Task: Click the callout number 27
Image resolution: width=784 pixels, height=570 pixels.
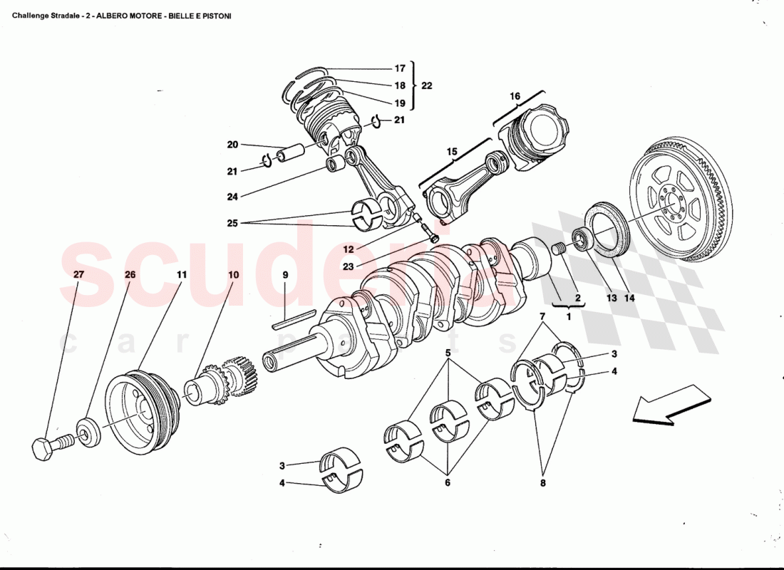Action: pyautogui.click(x=78, y=274)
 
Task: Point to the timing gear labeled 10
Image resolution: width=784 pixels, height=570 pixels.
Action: pyautogui.click(x=217, y=383)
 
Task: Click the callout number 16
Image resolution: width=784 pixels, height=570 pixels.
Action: pyautogui.click(x=515, y=96)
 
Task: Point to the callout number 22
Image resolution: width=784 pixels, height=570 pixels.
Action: pyautogui.click(x=426, y=85)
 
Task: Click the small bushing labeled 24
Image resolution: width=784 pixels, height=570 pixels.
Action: pyautogui.click(x=335, y=165)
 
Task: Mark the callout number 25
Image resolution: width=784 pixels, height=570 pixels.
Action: pyautogui.click(x=232, y=224)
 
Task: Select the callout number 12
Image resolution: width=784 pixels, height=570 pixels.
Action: pyautogui.click(x=348, y=249)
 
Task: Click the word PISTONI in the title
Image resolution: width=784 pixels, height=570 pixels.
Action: pyautogui.click(x=214, y=15)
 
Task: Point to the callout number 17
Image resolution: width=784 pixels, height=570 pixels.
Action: pyautogui.click(x=399, y=68)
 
